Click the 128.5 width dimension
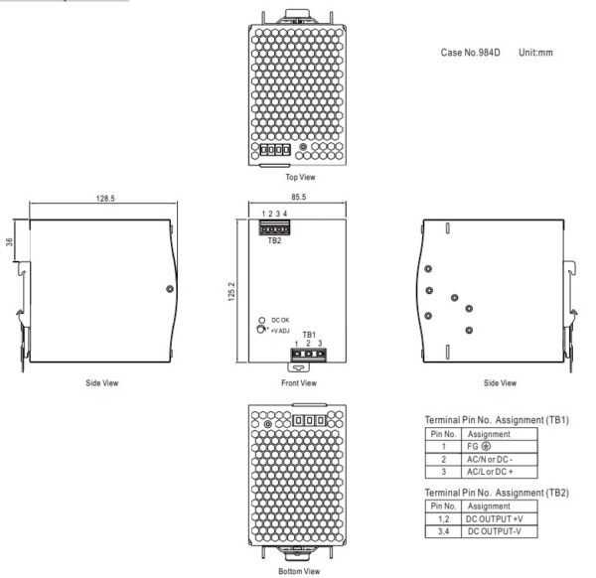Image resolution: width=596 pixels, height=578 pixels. point(105,199)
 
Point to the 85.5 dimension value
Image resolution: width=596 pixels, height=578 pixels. point(298,197)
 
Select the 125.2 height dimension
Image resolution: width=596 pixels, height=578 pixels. point(231,291)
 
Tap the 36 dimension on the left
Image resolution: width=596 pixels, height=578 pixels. point(9,241)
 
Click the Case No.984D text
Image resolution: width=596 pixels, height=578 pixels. point(470,53)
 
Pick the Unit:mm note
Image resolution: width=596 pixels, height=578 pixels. point(535,53)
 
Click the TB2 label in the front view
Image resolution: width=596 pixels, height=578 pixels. point(274,240)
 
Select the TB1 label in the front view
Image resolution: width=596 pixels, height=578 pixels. point(309,335)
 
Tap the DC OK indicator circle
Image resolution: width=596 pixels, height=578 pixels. point(261,321)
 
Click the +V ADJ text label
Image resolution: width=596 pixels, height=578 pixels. point(280,331)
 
